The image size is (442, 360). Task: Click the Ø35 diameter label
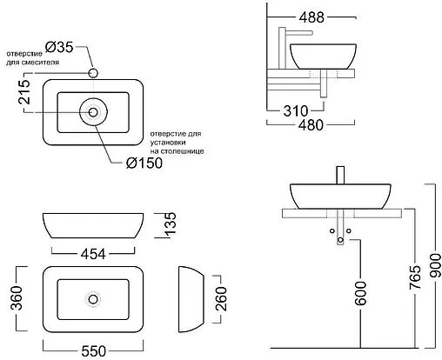[59, 47]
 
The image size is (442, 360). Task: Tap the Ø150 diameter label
[144, 163]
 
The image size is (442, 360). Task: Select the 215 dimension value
[24, 92]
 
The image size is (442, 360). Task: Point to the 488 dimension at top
[311, 17]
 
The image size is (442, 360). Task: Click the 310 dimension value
[296, 110]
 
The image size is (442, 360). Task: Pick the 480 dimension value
[311, 125]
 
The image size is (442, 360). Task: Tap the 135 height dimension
[170, 223]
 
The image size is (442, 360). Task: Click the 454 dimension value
[93, 254]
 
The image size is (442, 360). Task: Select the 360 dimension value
[17, 297]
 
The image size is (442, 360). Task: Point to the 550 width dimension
[93, 351]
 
